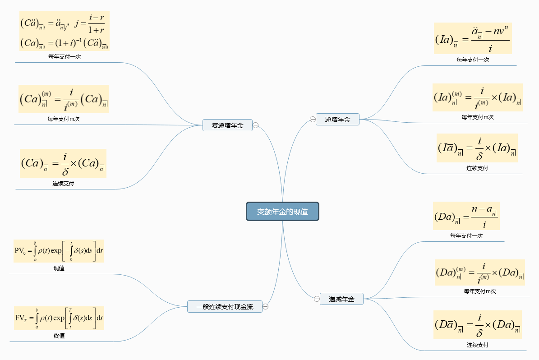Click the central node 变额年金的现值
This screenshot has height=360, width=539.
282,212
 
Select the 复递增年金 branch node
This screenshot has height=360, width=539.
227,125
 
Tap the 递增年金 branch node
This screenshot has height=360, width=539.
337,120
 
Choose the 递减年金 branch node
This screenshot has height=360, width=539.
341,299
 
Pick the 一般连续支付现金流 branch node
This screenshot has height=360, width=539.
225,307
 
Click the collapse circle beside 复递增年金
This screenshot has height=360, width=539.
256,125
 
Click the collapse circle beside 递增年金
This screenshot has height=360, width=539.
312,120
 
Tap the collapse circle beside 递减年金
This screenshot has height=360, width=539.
316,299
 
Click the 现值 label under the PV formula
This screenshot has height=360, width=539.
59,268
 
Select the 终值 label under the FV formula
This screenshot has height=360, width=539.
59,336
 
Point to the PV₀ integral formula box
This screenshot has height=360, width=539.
59,251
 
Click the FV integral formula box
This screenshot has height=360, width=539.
59,318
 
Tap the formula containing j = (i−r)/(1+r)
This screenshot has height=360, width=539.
64,31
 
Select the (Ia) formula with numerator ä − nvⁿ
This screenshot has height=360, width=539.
473,38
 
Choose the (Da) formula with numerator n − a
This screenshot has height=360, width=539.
466,216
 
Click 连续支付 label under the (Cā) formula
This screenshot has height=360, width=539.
63,184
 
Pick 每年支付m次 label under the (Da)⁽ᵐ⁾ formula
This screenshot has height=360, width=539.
479,291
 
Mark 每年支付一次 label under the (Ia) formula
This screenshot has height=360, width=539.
473,60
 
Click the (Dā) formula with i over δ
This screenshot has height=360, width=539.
477,325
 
